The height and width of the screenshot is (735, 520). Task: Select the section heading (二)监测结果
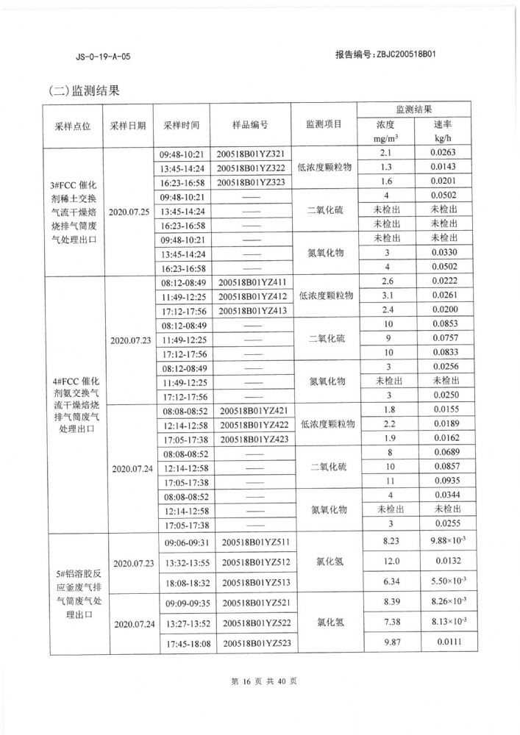[x=83, y=92]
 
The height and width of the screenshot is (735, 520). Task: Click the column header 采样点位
[x=73, y=126]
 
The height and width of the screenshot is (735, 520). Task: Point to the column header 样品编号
[x=250, y=125]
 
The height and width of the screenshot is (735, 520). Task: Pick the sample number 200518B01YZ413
[x=252, y=312]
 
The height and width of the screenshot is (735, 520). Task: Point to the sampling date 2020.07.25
[x=129, y=211]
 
